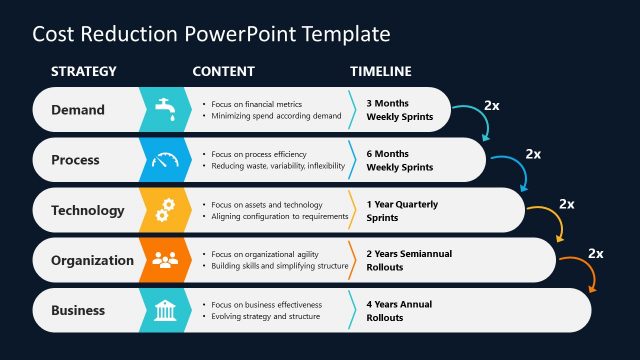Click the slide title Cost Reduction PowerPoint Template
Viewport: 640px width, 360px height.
tap(211, 34)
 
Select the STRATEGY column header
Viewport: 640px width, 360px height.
tap(84, 72)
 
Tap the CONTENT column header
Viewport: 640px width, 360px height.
tap(223, 72)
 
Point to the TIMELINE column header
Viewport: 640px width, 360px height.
tap(380, 72)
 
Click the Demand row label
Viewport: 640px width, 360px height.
tap(78, 110)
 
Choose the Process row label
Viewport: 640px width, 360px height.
tap(76, 160)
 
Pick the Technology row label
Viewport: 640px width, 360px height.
tap(88, 210)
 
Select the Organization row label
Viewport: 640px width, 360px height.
tap(92, 260)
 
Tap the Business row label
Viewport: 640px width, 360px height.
tap(78, 310)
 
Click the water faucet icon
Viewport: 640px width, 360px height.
tap(165, 109)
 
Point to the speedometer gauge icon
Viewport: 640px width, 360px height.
tap(165, 160)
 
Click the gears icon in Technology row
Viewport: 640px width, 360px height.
tap(165, 210)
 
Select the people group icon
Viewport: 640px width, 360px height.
tap(165, 260)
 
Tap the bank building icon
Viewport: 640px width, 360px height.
tap(165, 310)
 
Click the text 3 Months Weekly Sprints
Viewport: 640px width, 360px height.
tap(400, 110)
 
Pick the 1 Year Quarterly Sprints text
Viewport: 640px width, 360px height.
tap(402, 210)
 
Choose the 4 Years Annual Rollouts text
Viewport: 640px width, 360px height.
tap(400, 310)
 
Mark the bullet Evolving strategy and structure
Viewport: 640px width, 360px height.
tap(266, 317)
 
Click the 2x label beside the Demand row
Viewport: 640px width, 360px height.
tap(492, 104)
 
